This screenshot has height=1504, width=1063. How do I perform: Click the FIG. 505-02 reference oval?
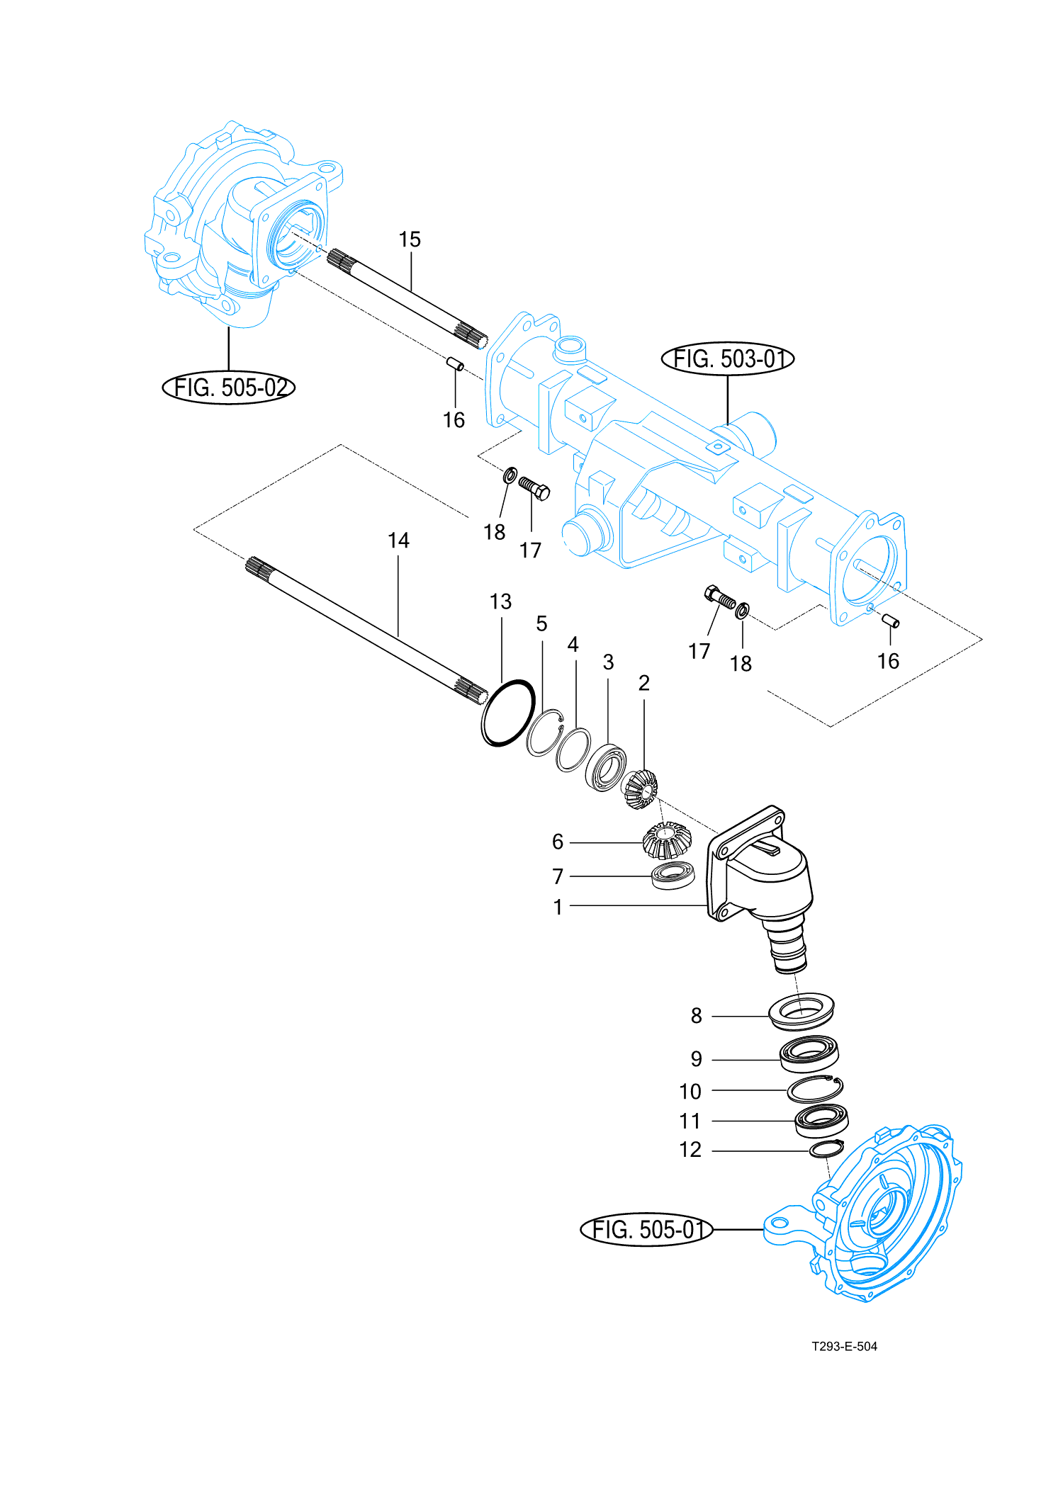[228, 388]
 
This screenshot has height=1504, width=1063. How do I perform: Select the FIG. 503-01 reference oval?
[727, 359]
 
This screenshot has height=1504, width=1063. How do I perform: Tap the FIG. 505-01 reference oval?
[646, 1229]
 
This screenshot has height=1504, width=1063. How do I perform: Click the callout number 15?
[410, 239]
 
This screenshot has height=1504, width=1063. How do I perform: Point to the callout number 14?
[398, 541]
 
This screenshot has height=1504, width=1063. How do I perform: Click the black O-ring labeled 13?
[507, 712]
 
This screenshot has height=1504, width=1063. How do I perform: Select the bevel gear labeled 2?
[641, 788]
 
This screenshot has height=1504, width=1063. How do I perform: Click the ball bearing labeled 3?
[606, 767]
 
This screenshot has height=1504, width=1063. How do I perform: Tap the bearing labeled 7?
[673, 875]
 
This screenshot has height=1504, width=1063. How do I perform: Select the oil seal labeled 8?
[802, 1010]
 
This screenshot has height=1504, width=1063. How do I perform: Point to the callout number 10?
[690, 1091]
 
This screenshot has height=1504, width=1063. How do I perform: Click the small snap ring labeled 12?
[826, 1149]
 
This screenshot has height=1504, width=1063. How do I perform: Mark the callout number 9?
[696, 1059]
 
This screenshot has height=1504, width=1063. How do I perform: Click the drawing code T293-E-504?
[844, 1346]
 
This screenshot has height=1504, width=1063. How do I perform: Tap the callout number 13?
[500, 601]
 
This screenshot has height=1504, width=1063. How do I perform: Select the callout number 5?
[541, 623]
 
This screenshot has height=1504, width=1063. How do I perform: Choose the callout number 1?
[558, 907]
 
